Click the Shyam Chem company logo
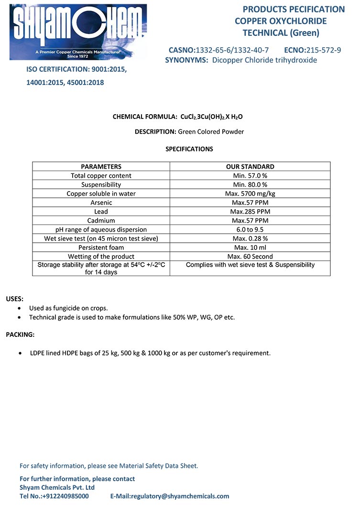tap(78, 32)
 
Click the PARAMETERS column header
tap(101, 167)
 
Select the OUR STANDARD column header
tap(250, 167)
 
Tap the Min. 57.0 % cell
tap(250, 176)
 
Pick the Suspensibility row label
tap(101, 184)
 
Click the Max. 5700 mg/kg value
tap(250, 193)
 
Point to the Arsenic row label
tap(101, 203)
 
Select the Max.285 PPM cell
tap(250, 212)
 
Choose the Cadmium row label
tap(101, 221)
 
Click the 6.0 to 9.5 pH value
tap(250, 229)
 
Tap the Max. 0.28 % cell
tap(250, 238)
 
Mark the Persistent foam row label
tap(101, 247)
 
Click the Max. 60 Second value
tap(250, 257)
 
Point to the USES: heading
tap(14, 299)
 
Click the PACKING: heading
tap(20, 334)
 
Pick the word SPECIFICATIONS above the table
tap(189, 149)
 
